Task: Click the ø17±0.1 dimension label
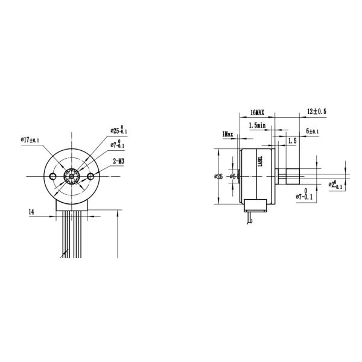(30, 140)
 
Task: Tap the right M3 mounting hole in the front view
(90, 176)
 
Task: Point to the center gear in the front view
(72, 176)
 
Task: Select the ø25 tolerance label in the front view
(118, 130)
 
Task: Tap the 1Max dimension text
(227, 133)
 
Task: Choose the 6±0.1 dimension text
(312, 131)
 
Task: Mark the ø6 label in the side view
(230, 176)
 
